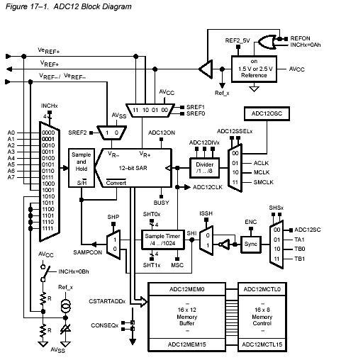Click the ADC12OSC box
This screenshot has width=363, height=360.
267,113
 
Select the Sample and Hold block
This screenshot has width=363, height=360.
82,168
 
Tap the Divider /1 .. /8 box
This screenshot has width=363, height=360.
205,168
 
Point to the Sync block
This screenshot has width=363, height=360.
251,244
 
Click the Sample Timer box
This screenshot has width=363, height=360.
162,240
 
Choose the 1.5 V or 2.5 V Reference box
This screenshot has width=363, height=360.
254,69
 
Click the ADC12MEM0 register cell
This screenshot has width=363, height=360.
186,289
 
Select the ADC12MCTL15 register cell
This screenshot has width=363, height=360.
262,344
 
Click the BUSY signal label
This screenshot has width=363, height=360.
162,203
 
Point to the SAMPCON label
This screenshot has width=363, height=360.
88,252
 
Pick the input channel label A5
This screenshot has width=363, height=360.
11,164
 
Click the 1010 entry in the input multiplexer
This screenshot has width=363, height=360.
48,196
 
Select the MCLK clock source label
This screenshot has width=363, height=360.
262,172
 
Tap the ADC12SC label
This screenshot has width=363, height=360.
308,230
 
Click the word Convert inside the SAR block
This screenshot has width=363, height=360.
116,183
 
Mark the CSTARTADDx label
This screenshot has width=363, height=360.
107,301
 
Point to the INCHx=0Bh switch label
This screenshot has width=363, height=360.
74,271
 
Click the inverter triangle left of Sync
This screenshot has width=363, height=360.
225,244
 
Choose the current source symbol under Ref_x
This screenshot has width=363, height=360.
65,306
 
